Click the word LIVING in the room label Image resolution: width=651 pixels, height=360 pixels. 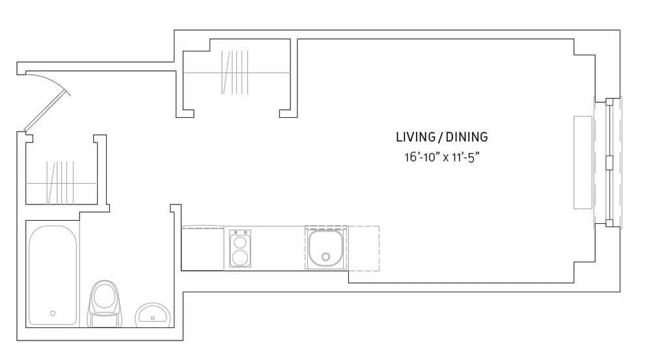tap(415, 137)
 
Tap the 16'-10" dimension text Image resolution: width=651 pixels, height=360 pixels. tap(421, 157)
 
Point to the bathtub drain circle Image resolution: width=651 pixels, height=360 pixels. tap(53, 313)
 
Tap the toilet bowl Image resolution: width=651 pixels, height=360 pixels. tap(104, 296)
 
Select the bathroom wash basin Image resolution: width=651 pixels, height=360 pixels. tap(154, 314)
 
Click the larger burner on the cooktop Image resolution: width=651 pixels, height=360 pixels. tap(240, 257)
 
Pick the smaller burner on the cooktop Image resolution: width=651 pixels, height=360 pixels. tap(240, 242)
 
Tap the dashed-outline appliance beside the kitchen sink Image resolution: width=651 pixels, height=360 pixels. tap(363, 248)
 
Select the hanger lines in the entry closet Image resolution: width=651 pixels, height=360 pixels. tap(60, 182)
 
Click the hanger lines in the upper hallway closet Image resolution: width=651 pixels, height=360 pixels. tap(235, 72)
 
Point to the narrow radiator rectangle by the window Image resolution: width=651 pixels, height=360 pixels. tap(583, 162)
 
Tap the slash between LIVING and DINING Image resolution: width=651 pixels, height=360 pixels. tap(440, 137)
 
